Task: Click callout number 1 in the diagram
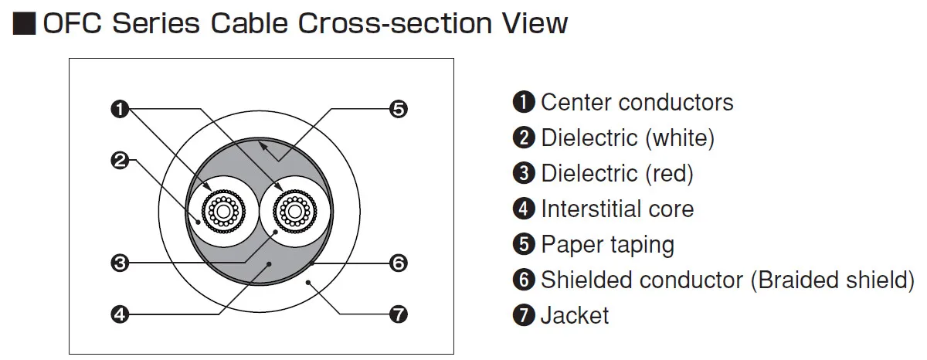(120, 109)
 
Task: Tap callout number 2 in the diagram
(120, 161)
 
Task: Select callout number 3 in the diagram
(120, 263)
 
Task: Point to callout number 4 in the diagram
(120, 314)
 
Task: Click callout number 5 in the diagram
(399, 109)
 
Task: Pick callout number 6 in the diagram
(399, 263)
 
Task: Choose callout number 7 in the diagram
(399, 314)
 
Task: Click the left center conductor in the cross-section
(223, 212)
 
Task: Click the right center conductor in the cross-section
(294, 212)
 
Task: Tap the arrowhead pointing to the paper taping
(262, 146)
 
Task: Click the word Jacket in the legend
(575, 316)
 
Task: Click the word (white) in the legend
(680, 138)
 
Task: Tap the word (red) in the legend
(670, 174)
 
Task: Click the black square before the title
(25, 24)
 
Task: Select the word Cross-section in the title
(395, 24)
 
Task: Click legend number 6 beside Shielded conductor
(524, 280)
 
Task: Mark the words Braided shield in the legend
(833, 280)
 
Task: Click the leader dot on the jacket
(308, 283)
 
